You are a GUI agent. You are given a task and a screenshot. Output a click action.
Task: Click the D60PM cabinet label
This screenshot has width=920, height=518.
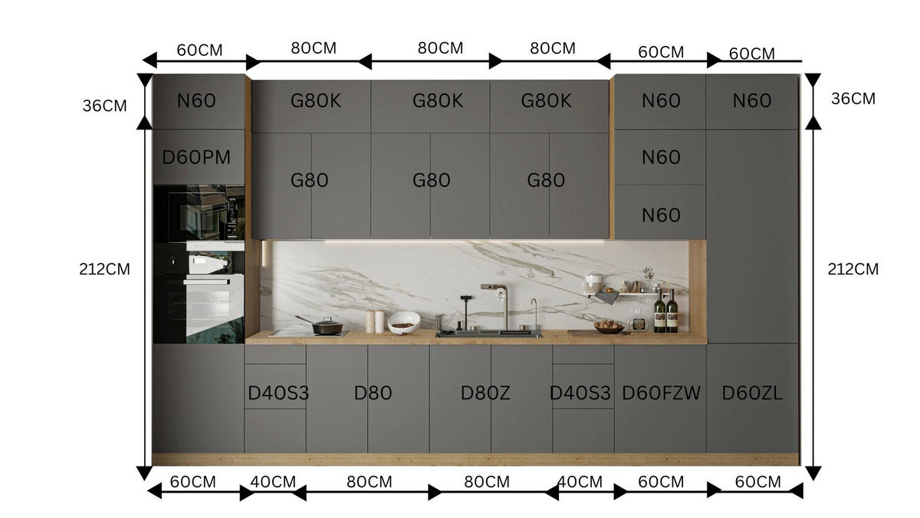pos(196,157)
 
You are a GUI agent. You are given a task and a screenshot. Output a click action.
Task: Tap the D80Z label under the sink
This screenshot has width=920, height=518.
pos(485,393)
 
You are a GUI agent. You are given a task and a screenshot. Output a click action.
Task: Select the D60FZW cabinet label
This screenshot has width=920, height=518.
pos(661,393)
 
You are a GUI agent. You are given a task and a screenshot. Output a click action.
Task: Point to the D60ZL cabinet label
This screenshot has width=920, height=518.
pos(752,393)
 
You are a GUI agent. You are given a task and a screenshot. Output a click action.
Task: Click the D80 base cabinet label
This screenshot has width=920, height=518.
pos(373,393)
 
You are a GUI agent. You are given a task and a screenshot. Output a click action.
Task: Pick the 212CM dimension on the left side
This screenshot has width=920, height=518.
pos(104,270)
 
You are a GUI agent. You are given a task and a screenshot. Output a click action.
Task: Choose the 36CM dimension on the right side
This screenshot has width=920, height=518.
pos(853,99)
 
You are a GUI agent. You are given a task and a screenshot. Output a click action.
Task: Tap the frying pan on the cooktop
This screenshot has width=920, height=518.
pos(324,326)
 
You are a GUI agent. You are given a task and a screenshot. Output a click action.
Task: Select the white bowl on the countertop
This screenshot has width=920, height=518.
pos(404,323)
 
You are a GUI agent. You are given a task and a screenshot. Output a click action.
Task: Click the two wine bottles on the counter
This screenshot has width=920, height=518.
pos(665,311)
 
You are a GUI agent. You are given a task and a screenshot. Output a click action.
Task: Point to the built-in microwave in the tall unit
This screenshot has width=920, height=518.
pos(199,214)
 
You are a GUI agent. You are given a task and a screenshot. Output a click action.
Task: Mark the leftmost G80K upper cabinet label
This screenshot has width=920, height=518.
pos(315,100)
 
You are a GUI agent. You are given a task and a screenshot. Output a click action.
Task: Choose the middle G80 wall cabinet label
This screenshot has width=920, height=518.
pos(431,181)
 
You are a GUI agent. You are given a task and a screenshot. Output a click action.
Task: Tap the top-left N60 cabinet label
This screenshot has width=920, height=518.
pos(196,100)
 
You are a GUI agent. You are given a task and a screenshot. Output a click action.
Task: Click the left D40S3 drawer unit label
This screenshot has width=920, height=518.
pos(278,393)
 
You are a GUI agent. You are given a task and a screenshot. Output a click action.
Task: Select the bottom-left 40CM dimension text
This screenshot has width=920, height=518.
pos(273,482)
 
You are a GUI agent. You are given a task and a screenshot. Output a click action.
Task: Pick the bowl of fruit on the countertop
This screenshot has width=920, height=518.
pos(609,327)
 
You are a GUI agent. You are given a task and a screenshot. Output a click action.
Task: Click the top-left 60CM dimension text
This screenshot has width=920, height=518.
pos(199,51)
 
